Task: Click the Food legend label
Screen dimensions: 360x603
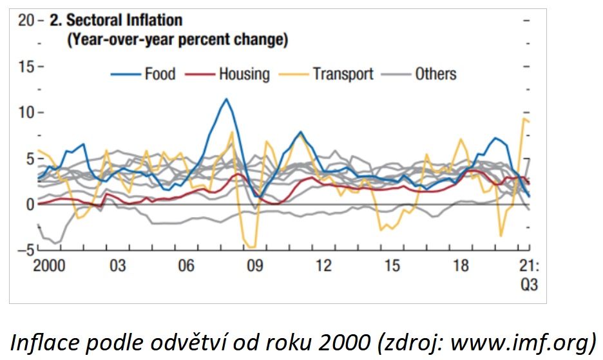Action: point(160,74)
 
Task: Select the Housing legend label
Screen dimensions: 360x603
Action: point(244,74)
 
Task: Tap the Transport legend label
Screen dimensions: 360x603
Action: point(343,74)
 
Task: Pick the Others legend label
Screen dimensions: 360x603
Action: point(436,74)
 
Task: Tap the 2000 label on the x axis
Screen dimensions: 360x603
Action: point(49,265)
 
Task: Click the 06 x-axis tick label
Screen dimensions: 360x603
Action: point(186,265)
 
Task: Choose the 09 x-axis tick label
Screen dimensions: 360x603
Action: point(255,265)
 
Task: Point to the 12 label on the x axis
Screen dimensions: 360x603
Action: point(323,265)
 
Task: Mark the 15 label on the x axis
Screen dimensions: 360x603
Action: point(392,265)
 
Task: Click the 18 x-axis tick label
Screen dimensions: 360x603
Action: point(461,265)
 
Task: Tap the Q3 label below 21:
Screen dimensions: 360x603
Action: point(529,284)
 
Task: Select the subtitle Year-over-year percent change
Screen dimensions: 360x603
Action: point(178,39)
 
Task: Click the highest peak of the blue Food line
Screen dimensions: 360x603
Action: point(226,99)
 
